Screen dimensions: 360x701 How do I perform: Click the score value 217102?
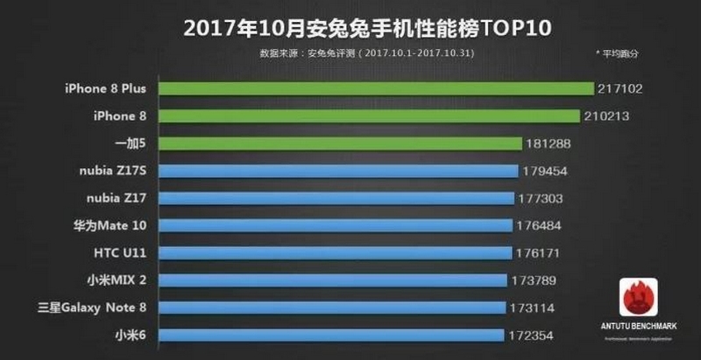(620, 88)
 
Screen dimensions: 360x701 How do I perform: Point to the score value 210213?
(606, 116)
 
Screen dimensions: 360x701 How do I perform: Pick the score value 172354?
(533, 335)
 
